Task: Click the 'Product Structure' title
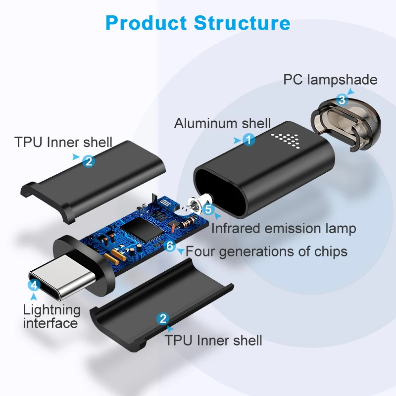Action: (x=198, y=23)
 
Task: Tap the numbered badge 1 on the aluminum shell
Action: (x=249, y=140)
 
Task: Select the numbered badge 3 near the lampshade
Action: (x=342, y=99)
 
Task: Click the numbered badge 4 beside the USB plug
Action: (x=34, y=285)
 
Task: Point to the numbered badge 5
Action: (x=208, y=209)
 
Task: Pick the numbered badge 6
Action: (x=170, y=245)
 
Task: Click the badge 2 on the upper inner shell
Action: (x=88, y=160)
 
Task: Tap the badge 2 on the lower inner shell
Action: (x=162, y=318)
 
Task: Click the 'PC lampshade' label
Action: (x=330, y=80)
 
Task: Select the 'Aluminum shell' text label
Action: (x=222, y=123)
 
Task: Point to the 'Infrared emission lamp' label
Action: (x=284, y=228)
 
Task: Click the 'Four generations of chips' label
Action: (x=266, y=251)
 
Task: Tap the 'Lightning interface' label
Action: (x=51, y=316)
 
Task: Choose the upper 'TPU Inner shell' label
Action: (x=63, y=143)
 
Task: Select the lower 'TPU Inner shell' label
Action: (x=213, y=340)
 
